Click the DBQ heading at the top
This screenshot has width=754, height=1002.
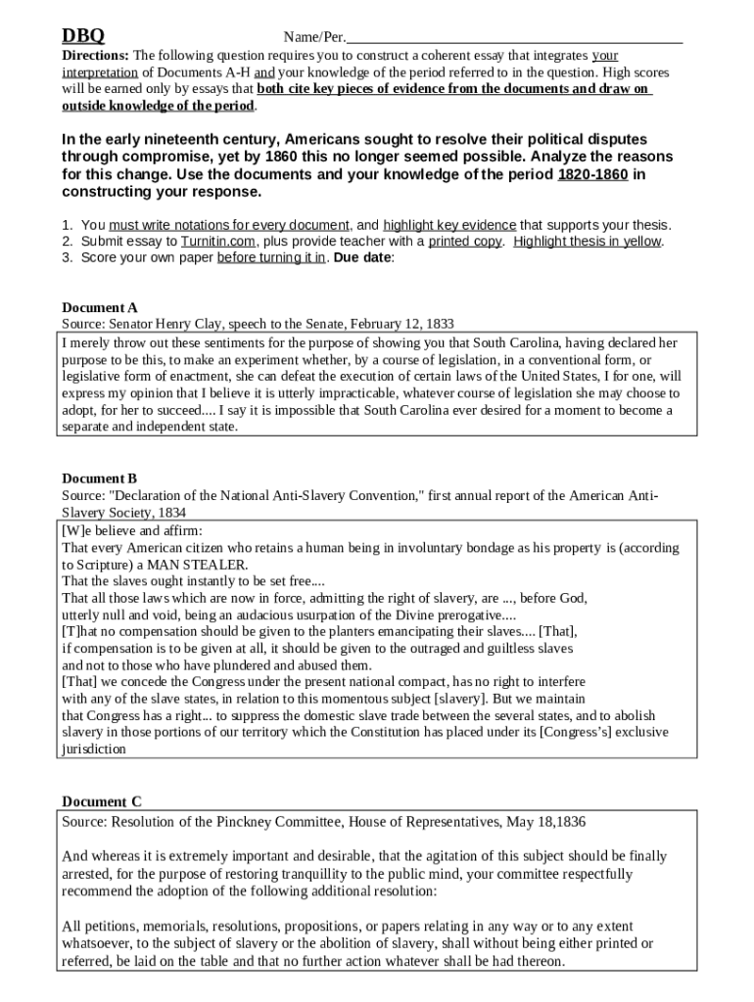click(x=83, y=37)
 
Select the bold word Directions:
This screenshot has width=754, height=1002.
click(x=96, y=56)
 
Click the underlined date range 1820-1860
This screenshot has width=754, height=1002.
click(x=592, y=174)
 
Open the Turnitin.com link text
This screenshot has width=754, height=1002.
click(x=218, y=241)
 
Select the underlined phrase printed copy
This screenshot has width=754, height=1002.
click(x=464, y=241)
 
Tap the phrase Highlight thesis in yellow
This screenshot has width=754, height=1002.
click(x=588, y=241)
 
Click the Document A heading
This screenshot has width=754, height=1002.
click(x=100, y=307)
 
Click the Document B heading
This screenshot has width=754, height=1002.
click(x=100, y=478)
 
